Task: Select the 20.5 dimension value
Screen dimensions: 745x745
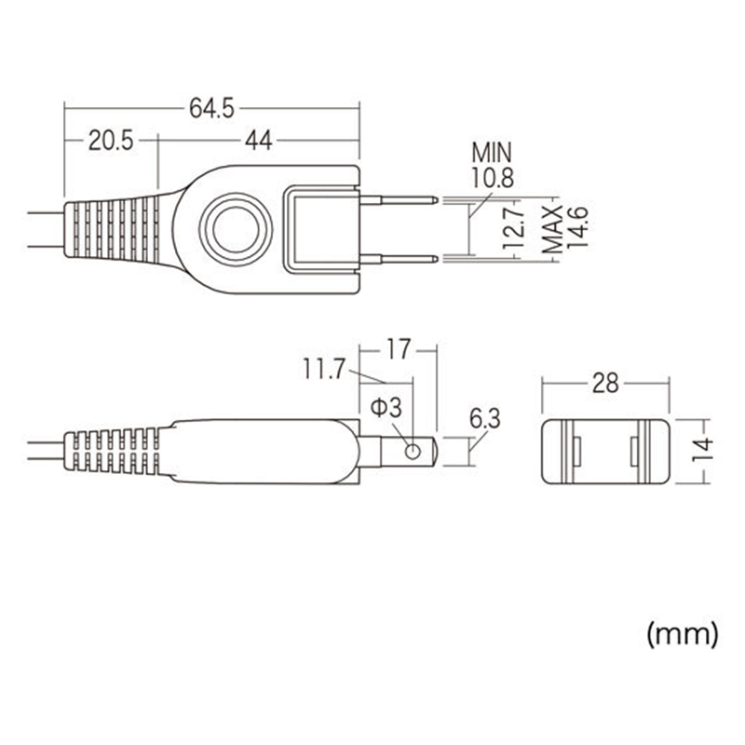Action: pyautogui.click(x=112, y=141)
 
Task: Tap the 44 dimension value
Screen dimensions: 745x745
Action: pyautogui.click(x=259, y=141)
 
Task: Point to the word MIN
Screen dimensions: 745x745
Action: pyautogui.click(x=493, y=152)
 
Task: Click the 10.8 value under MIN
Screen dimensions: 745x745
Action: pyautogui.click(x=493, y=177)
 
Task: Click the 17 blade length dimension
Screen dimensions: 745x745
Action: pyautogui.click(x=398, y=351)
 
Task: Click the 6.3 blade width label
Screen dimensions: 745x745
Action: pyautogui.click(x=484, y=420)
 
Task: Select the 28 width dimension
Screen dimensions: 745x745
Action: pyautogui.click(x=605, y=383)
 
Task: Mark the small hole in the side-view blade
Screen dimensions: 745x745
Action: pyautogui.click(x=411, y=452)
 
